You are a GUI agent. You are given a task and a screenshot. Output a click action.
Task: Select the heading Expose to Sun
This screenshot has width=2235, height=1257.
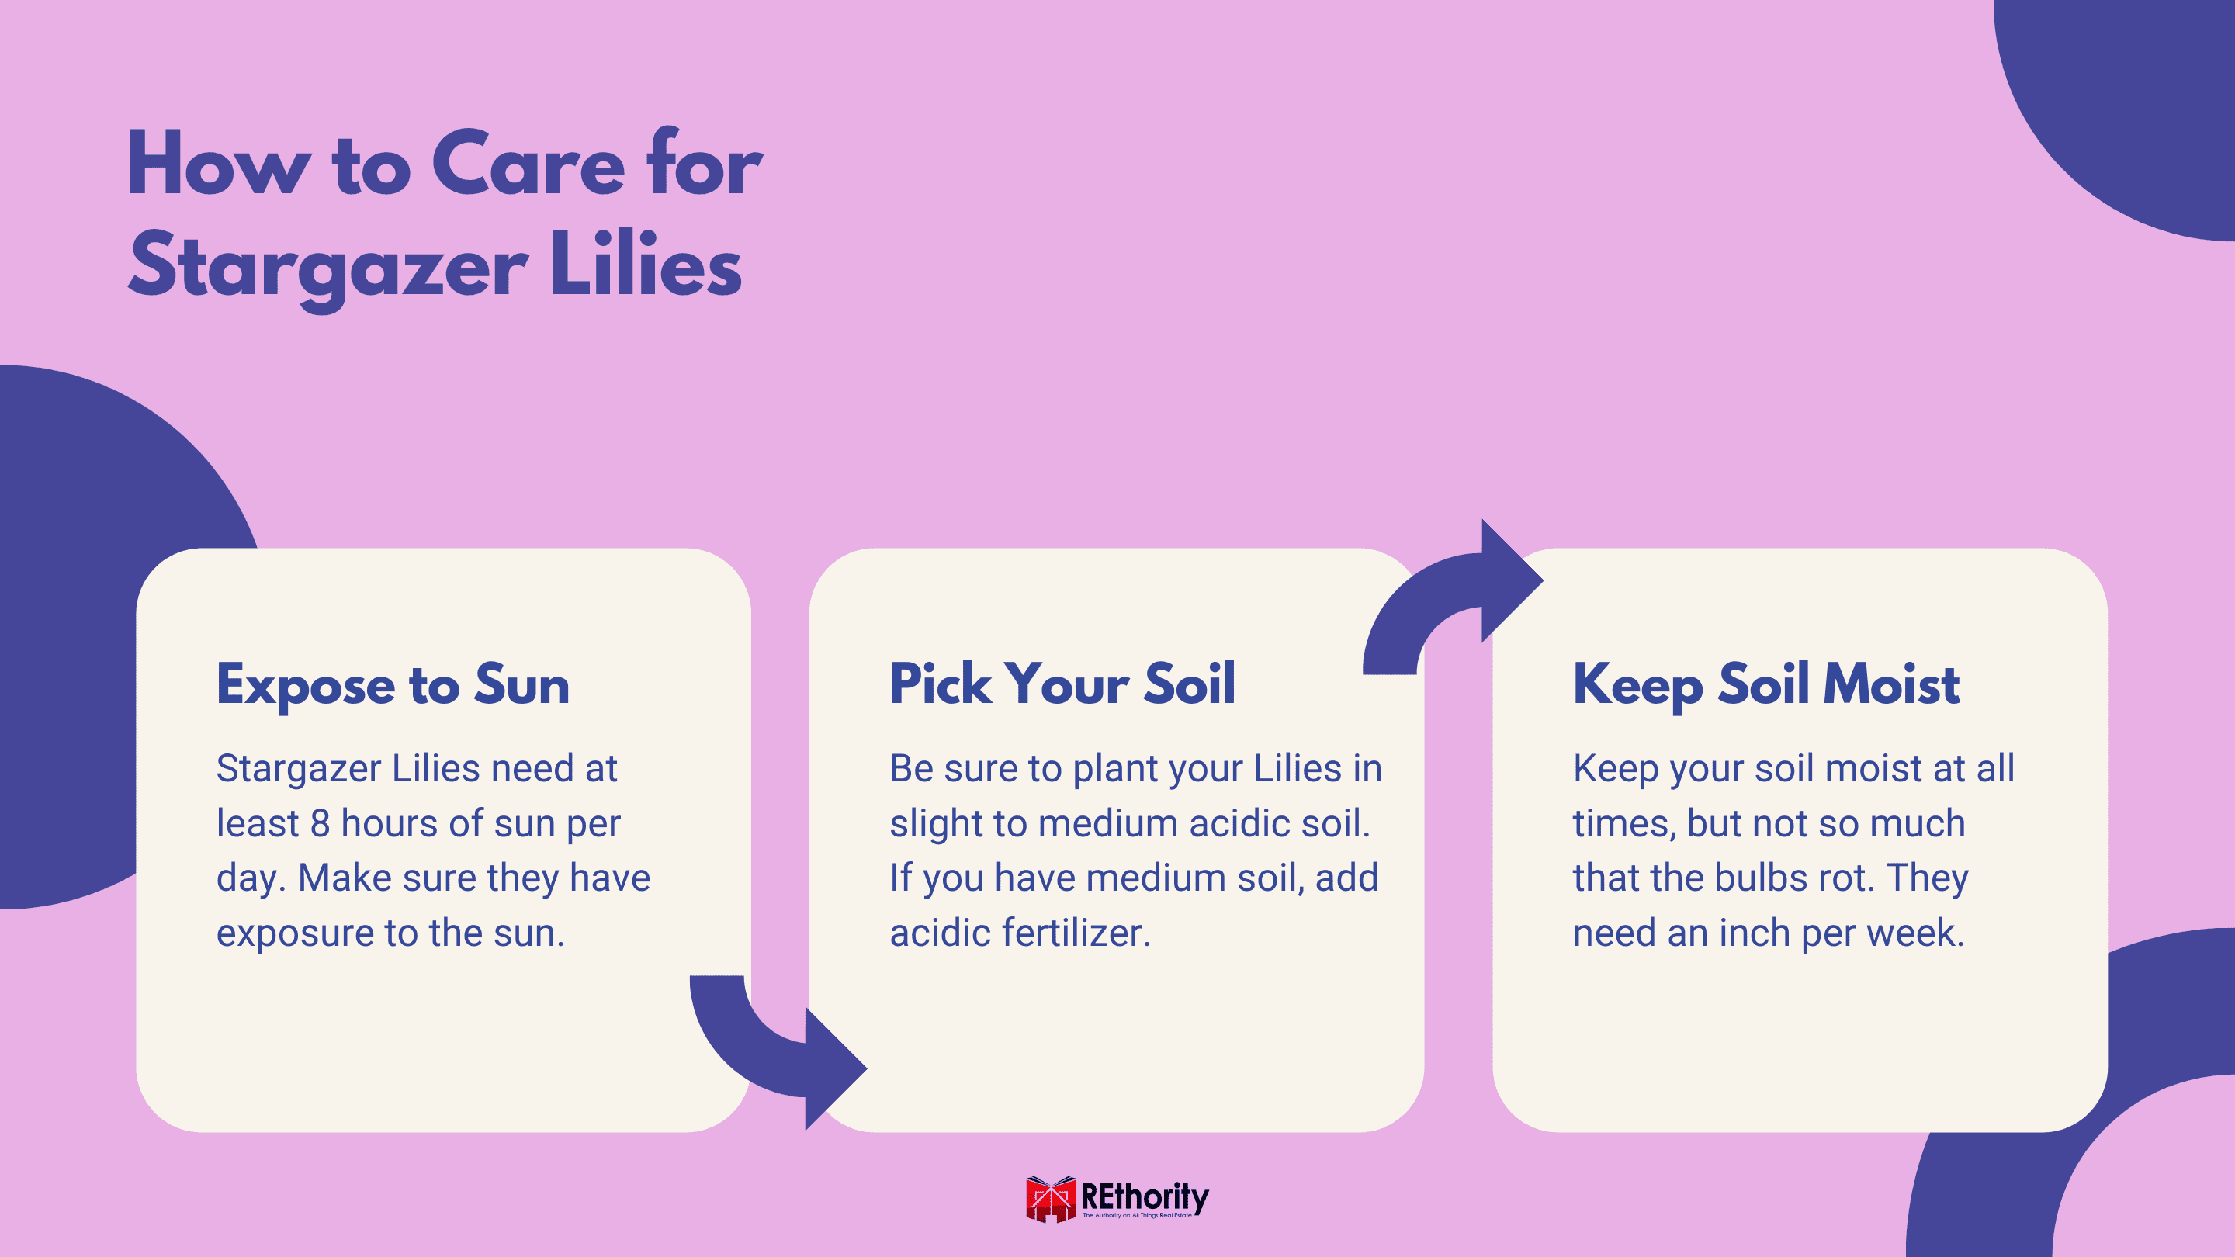[x=392, y=685]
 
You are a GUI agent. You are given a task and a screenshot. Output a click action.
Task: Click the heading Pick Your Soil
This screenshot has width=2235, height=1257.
[x=1062, y=684]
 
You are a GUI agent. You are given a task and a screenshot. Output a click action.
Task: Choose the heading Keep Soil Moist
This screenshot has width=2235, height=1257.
[x=1766, y=685]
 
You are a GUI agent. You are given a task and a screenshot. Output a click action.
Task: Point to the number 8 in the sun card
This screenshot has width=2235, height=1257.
[x=321, y=823]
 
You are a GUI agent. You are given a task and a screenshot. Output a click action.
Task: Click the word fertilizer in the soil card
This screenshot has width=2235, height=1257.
[x=1076, y=933]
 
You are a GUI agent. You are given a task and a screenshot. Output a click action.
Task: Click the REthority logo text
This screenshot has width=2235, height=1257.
[x=1145, y=1197]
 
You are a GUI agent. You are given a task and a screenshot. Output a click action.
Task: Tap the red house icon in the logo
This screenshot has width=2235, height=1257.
[x=1051, y=1200]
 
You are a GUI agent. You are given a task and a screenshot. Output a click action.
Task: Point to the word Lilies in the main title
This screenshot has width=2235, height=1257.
[x=646, y=265]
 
